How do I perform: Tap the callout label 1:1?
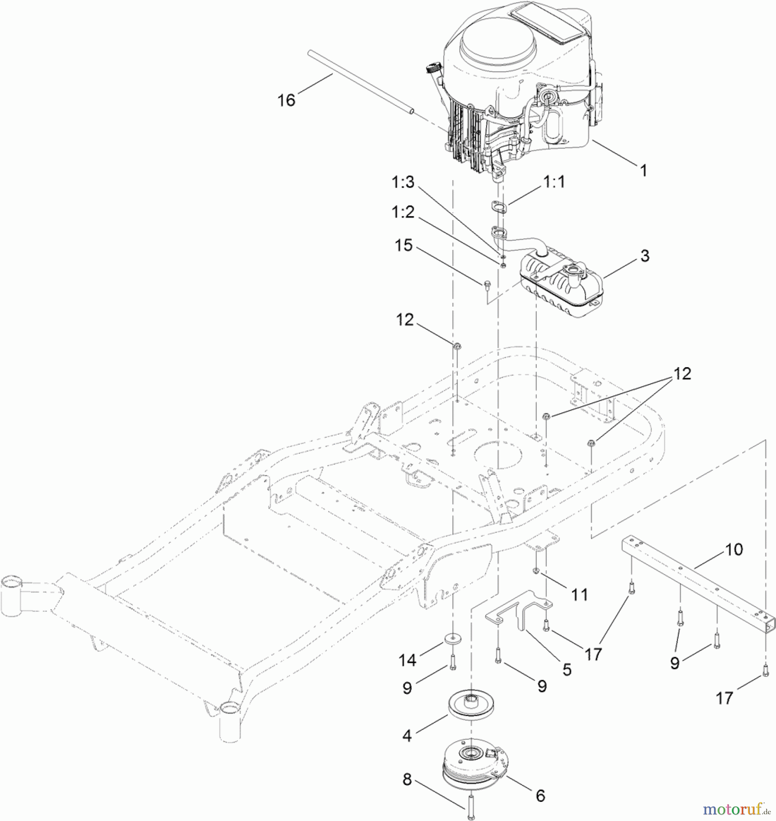(x=554, y=182)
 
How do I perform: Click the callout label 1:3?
(x=403, y=182)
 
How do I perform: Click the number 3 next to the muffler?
(x=645, y=256)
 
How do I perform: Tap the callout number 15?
(x=404, y=245)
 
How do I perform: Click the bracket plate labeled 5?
(x=518, y=608)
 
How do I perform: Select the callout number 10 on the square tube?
(x=734, y=550)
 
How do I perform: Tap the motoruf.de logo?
(x=736, y=810)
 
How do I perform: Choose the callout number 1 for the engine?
(x=643, y=171)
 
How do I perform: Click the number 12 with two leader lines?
(x=682, y=374)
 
